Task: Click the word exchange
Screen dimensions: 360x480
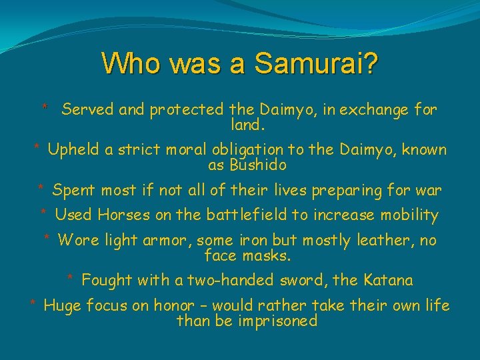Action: tap(376, 110)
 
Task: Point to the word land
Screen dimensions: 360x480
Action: tap(247, 125)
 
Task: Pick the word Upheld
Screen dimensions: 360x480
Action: tap(74, 149)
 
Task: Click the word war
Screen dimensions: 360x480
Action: tap(428, 191)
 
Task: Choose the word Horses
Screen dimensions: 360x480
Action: tap(123, 215)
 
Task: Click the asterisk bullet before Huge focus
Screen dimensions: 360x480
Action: tap(33, 305)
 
